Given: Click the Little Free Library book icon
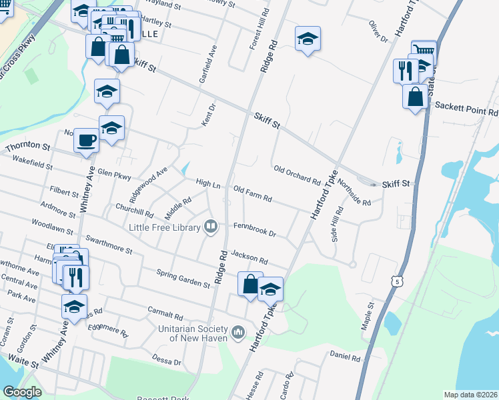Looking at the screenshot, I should [x=211, y=227].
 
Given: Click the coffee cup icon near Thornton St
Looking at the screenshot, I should [x=86, y=141].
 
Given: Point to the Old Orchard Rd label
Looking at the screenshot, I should [x=297, y=175].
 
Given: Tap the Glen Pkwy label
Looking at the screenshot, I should [x=115, y=173].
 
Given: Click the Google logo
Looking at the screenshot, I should [x=23, y=391].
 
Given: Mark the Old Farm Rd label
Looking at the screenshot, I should [x=252, y=194].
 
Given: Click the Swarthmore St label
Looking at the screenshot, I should [x=109, y=243].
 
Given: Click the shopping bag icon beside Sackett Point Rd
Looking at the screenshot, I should [x=415, y=97].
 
